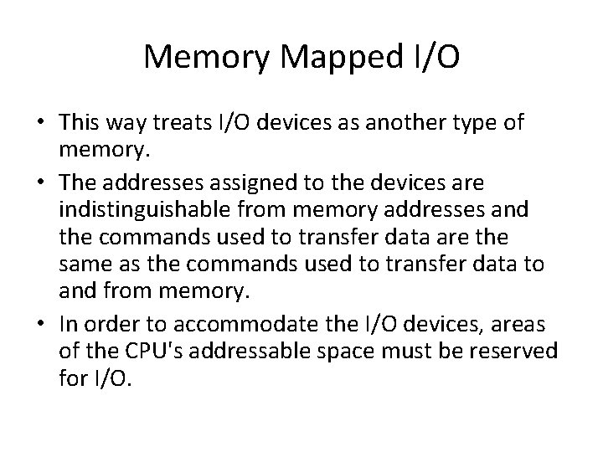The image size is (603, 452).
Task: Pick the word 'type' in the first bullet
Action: point(476,124)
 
